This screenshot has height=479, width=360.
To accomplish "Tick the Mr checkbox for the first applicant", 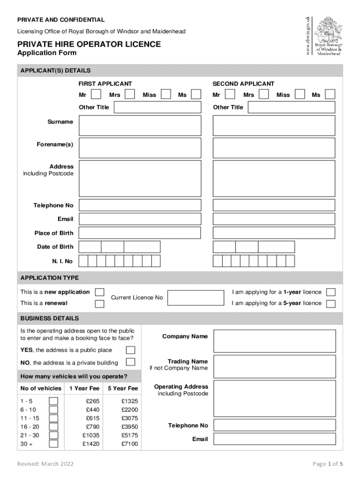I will click(x=95, y=94).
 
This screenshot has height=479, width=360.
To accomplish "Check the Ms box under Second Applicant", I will click(x=330, y=94).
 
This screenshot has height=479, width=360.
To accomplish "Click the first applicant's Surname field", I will click(x=140, y=125).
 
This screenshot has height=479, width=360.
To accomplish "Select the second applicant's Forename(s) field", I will click(x=274, y=148).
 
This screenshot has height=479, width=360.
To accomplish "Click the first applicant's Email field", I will click(x=140, y=219).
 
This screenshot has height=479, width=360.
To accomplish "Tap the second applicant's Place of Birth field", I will click(x=274, y=233).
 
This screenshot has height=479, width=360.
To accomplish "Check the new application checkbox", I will click(x=100, y=292).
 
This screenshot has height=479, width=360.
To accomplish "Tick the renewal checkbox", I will click(x=100, y=304).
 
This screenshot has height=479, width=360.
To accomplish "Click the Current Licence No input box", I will click(x=195, y=298).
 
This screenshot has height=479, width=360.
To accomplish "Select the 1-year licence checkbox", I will click(x=331, y=292).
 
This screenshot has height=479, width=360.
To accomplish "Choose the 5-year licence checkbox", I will click(x=331, y=304).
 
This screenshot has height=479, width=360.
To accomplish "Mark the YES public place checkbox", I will click(x=130, y=350).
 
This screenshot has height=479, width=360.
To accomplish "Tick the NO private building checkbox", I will click(x=130, y=362).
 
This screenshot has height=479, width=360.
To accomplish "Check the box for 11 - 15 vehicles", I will click(x=54, y=418).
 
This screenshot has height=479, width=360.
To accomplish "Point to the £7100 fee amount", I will click(x=130, y=444).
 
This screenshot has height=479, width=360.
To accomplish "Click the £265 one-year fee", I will click(x=93, y=401).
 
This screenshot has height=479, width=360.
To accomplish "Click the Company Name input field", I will click(x=274, y=341).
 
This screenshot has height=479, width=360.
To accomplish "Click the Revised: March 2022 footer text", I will click(x=45, y=464).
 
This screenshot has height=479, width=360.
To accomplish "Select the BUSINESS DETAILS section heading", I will click(x=50, y=319).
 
